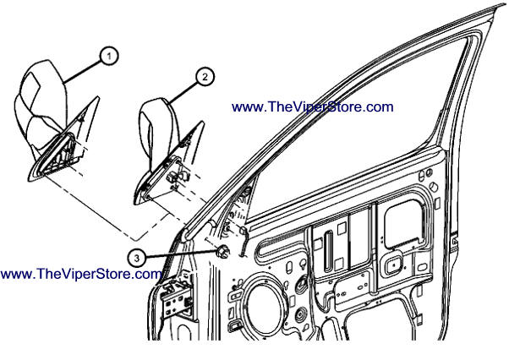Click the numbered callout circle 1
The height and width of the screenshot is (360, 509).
point(109,56)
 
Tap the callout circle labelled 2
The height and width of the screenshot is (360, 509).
point(205,77)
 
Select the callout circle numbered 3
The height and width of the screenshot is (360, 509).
point(137,259)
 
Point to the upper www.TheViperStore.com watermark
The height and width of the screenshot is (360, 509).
point(312,106)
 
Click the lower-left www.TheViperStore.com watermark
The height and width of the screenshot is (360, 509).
point(81,274)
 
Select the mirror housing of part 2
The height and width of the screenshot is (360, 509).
point(157,130)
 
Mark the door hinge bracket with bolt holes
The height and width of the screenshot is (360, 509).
point(177,298)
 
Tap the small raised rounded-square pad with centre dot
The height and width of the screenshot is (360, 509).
point(393,265)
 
